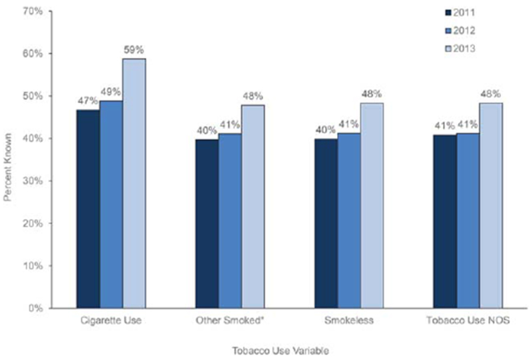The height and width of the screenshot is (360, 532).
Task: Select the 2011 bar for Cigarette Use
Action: pyautogui.click(x=88, y=209)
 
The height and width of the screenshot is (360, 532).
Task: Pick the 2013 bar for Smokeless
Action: pyautogui.click(x=371, y=206)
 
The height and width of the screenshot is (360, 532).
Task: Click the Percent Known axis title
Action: pyautogui.click(x=9, y=159)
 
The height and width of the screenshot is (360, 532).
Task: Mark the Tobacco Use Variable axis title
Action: pyautogui.click(x=289, y=350)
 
